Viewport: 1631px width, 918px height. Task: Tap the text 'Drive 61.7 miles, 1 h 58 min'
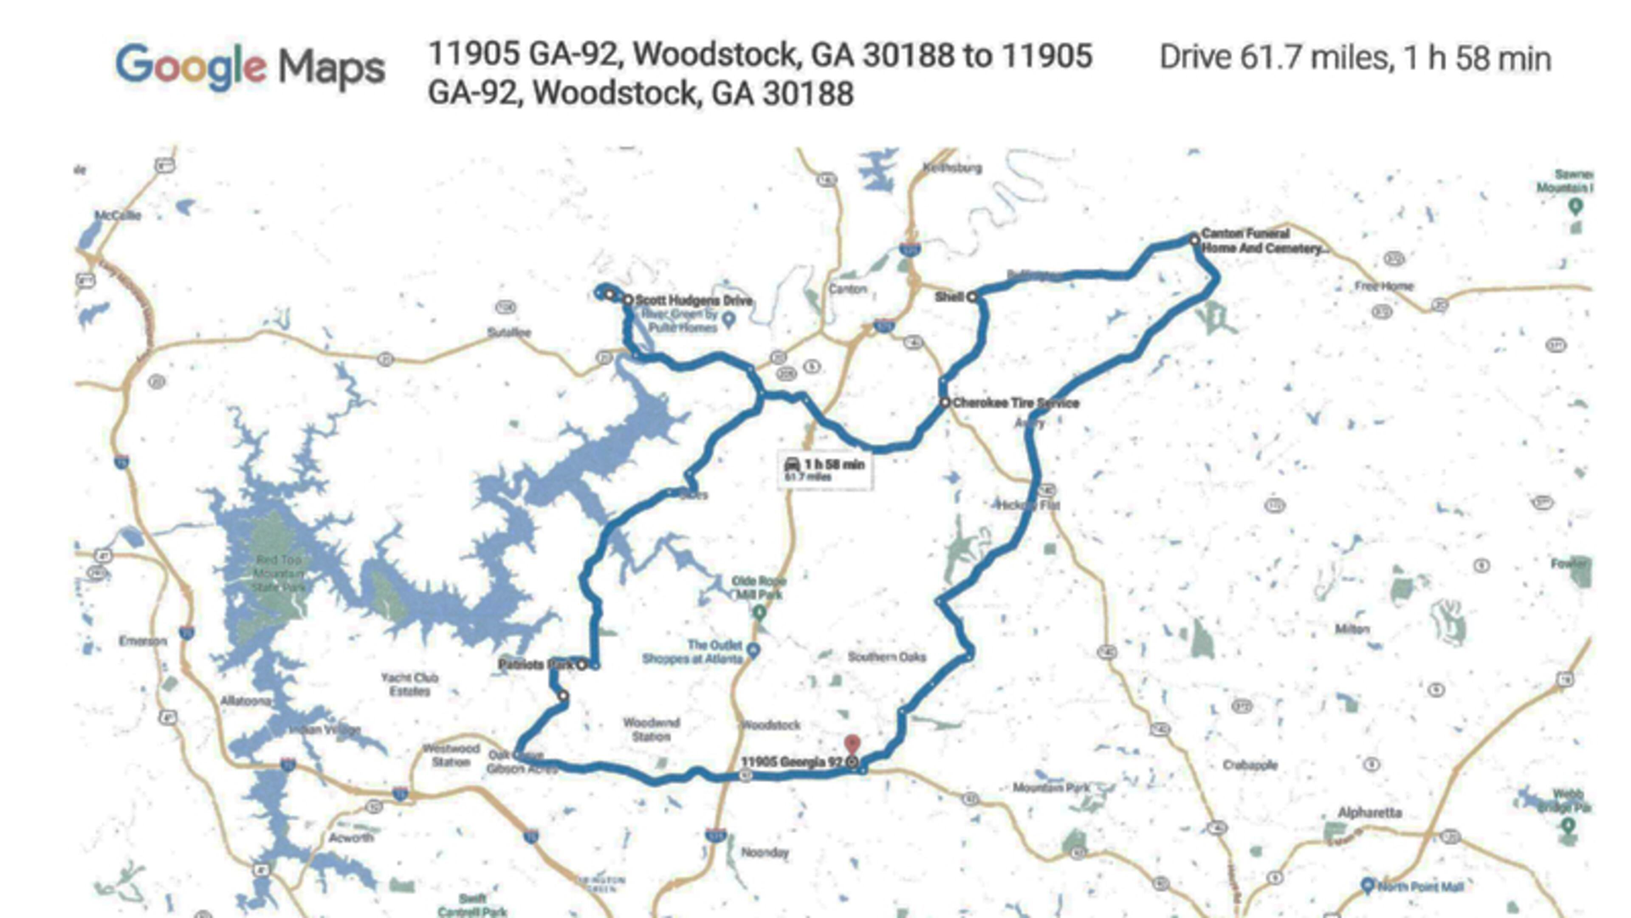1355,58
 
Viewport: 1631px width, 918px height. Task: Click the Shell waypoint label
949,297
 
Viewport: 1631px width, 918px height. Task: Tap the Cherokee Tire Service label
1016,403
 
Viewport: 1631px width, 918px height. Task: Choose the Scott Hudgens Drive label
694,300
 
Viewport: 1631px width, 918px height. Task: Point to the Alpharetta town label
1369,812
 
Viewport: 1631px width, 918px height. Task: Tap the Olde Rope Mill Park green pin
759,612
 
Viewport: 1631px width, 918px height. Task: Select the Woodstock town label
770,725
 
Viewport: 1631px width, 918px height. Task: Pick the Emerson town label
143,641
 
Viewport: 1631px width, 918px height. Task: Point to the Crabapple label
1250,765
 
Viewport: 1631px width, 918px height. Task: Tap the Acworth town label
351,838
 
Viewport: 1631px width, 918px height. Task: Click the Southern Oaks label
886,657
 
